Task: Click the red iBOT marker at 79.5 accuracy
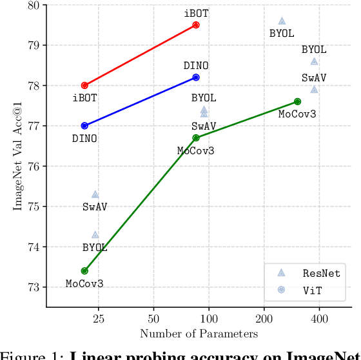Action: click(x=196, y=25)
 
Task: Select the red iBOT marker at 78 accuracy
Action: click(x=84, y=85)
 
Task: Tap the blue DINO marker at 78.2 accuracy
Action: click(x=196, y=77)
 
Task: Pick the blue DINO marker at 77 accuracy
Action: click(x=84, y=126)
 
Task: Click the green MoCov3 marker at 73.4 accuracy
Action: click(x=84, y=271)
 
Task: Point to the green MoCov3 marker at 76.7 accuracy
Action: click(x=196, y=137)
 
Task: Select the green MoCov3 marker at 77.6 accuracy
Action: click(x=297, y=101)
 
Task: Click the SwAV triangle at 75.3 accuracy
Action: click(x=95, y=194)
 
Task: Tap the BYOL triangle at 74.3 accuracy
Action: click(x=95, y=235)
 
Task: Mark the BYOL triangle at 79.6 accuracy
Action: click(x=282, y=21)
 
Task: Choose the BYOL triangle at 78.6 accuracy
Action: click(x=314, y=61)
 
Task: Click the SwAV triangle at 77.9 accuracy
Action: click(x=314, y=90)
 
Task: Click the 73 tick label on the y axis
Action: click(x=32, y=287)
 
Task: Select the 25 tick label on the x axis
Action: click(x=99, y=319)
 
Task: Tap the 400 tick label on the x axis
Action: click(x=320, y=319)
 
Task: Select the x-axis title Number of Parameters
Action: click(x=199, y=334)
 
